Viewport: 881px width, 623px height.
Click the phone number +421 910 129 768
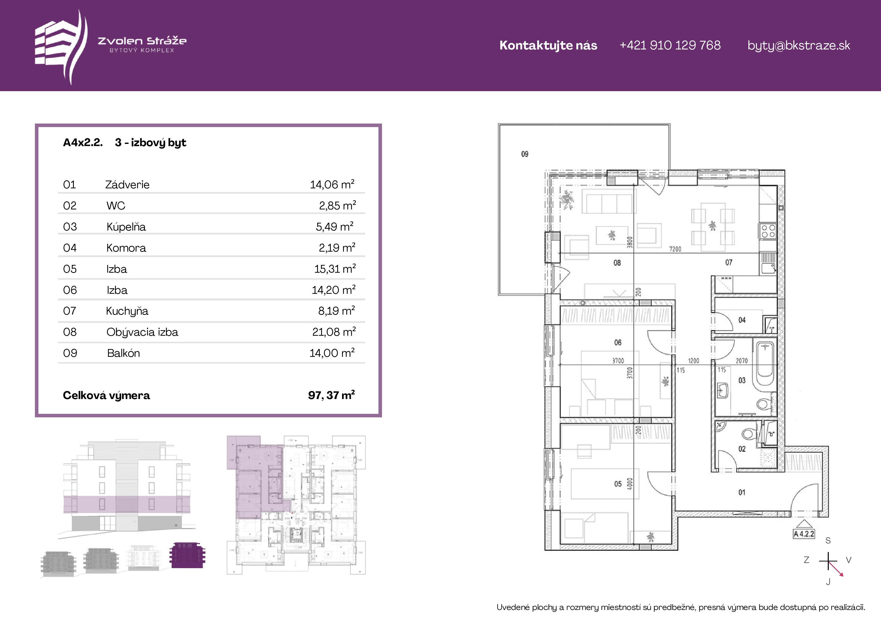[670, 45]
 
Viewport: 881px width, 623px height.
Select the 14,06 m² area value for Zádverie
[332, 185]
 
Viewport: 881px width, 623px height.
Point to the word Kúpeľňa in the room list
[126, 227]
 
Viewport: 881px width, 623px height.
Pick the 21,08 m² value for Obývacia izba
[334, 332]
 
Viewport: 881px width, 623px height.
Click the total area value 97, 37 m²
[332, 395]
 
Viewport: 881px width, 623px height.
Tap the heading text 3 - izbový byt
[150, 143]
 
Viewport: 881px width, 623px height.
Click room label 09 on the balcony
[525, 154]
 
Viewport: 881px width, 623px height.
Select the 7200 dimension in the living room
[675, 249]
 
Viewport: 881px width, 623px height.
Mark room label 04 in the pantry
[742, 320]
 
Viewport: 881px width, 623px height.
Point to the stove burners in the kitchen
[768, 231]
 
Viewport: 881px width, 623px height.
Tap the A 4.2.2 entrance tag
[804, 534]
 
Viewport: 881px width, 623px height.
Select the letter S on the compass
[828, 541]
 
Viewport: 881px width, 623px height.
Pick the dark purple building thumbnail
[187, 555]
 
